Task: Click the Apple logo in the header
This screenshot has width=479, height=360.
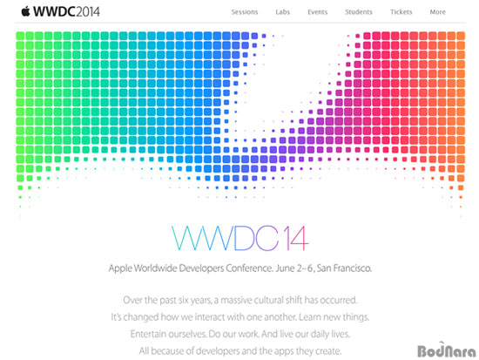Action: pos(25,11)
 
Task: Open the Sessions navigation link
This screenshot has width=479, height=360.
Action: pos(245,12)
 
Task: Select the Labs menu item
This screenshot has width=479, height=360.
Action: pos(282,12)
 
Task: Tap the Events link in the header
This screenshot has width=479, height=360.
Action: pos(317,12)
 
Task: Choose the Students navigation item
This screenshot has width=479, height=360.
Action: pos(359,12)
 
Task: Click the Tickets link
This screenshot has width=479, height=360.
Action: pos(401,12)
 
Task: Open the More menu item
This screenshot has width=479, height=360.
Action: pos(438,12)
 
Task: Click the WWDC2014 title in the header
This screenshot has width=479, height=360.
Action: pos(66,11)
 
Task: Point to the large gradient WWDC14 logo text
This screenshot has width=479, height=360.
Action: pos(240,238)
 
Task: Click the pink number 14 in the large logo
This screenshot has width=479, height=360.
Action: pos(296,238)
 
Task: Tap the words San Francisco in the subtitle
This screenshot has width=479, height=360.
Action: pos(344,268)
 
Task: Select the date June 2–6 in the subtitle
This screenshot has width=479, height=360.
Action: pos(294,268)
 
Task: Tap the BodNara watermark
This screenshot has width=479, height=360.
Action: pos(446,350)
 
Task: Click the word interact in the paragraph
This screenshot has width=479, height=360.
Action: pos(211,317)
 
